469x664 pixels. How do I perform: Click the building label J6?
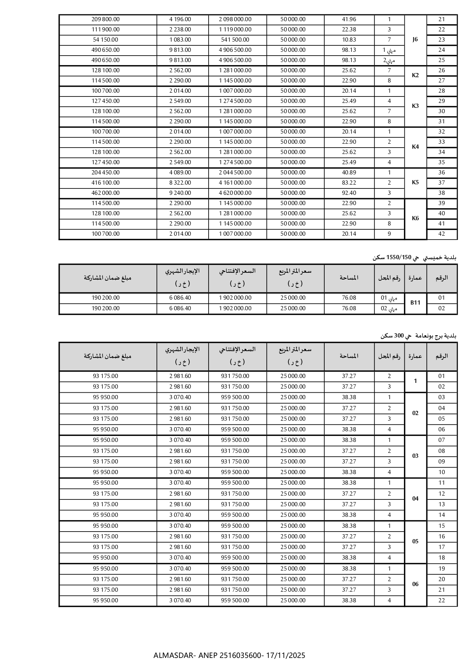click(415, 40)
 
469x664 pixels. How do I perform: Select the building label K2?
click(415, 75)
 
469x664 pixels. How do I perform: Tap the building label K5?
click(415, 182)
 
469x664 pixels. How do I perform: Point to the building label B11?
click(415, 303)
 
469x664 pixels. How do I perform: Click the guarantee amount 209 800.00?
click(105, 19)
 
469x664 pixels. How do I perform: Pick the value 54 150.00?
click(105, 40)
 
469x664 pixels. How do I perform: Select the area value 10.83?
click(349, 40)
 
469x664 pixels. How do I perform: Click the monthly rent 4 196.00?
click(180, 19)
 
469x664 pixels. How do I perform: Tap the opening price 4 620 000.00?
click(235, 193)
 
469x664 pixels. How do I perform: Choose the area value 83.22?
click(349, 183)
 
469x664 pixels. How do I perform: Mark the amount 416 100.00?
click(105, 183)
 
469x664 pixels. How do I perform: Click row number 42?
click(441, 234)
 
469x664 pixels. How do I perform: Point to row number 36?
click(441, 173)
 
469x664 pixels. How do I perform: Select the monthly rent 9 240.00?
click(180, 193)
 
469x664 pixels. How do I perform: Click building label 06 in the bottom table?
click(415, 584)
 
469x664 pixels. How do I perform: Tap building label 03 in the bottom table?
click(415, 456)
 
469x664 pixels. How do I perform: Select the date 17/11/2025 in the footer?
click(285, 655)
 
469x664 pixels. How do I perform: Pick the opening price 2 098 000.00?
click(235, 19)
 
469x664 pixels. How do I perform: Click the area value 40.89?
click(349, 173)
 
